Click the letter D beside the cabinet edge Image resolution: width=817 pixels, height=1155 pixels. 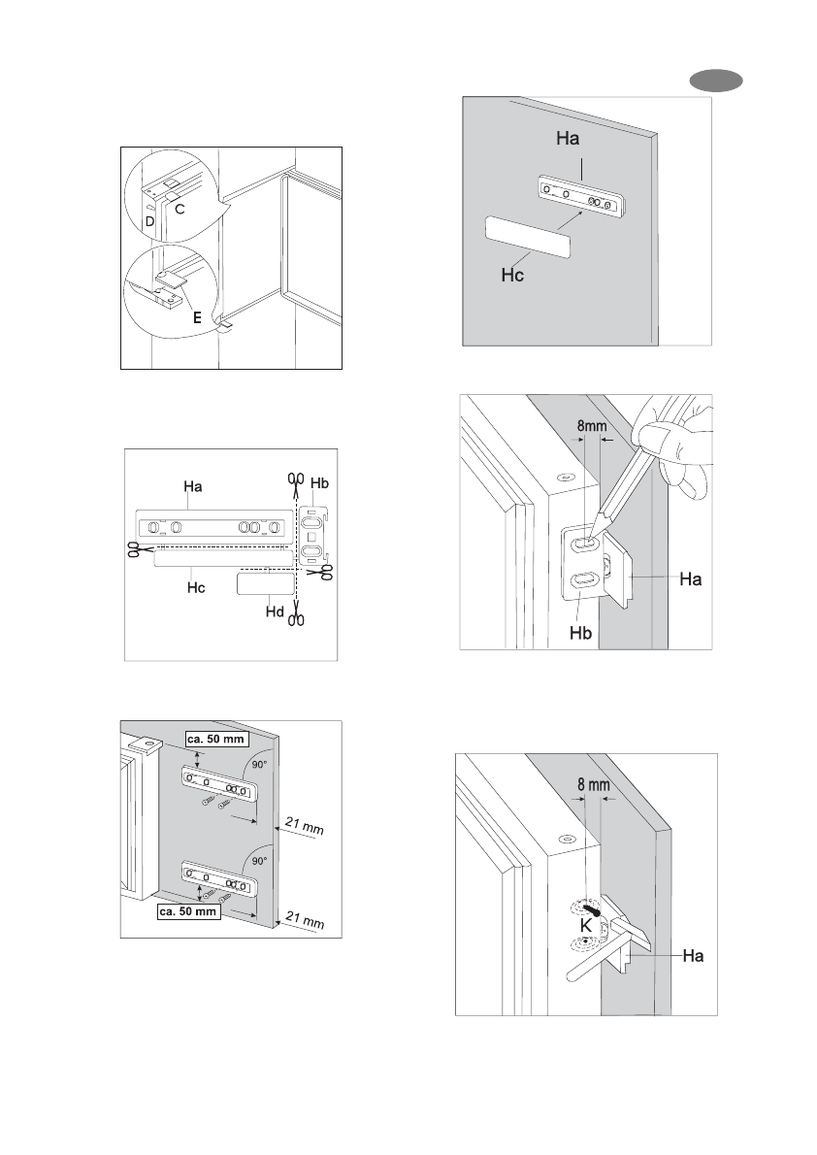coord(149,222)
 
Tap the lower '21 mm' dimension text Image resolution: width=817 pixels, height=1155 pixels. coord(302,919)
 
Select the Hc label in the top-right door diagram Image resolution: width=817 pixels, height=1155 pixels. coord(513,276)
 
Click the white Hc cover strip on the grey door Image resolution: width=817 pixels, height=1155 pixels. coord(527,236)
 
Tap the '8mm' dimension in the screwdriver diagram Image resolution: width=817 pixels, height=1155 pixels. coord(591,424)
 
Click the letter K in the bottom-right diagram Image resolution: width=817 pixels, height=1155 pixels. coord(587,926)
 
